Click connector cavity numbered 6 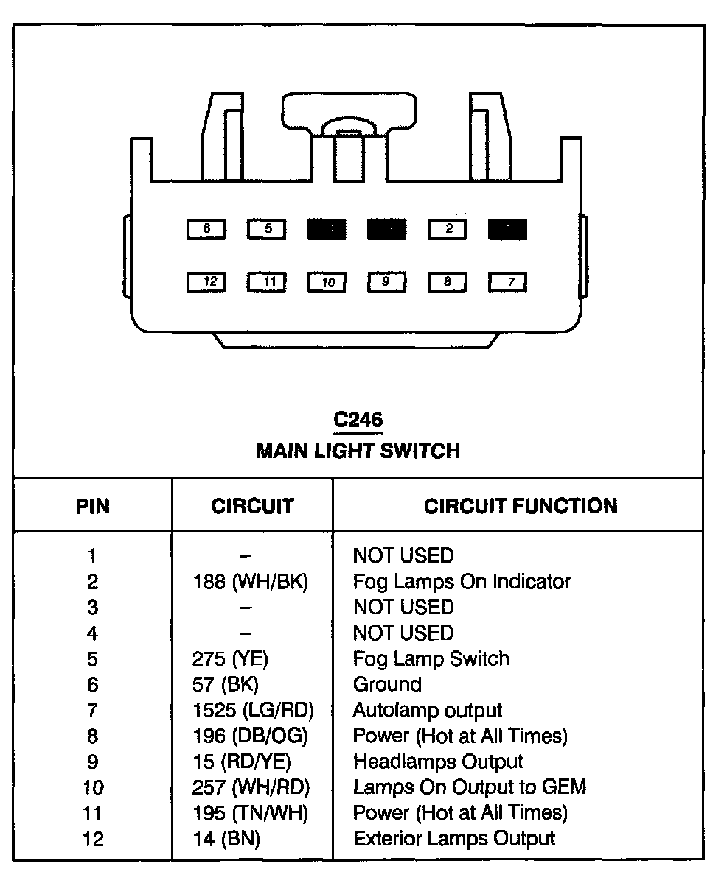(206, 229)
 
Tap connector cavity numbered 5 (267, 229)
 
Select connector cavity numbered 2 (447, 229)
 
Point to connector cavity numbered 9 (386, 281)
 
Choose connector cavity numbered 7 (507, 281)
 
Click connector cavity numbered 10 (327, 281)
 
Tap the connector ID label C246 (358, 420)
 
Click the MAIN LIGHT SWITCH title (358, 450)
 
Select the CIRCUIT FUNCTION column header (521, 506)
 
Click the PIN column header (93, 507)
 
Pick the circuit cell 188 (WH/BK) (250, 582)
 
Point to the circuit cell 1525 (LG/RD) (253, 711)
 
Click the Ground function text (387, 685)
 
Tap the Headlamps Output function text (438, 762)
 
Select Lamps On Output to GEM (470, 787)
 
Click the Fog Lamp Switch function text (431, 658)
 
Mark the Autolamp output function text (428, 711)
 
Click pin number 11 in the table (93, 814)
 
